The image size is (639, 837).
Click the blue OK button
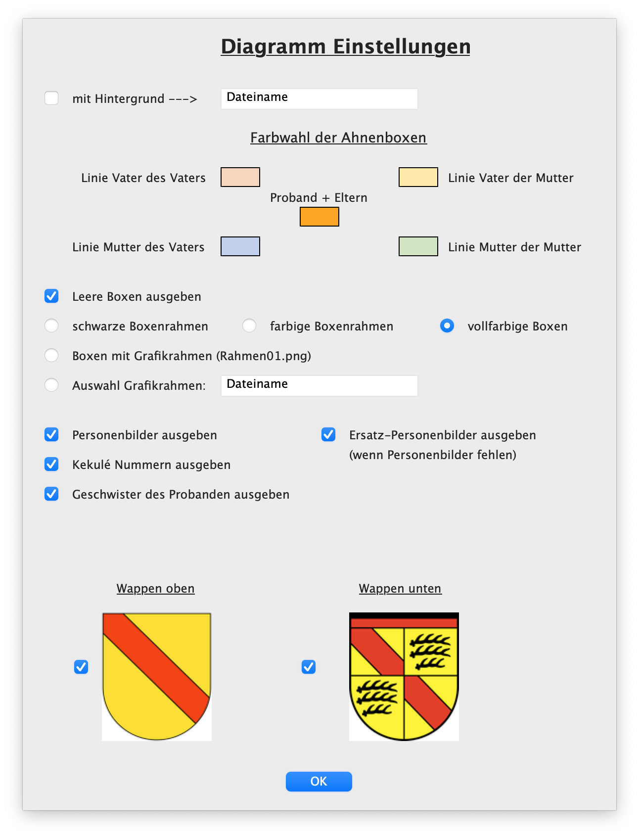[x=319, y=781]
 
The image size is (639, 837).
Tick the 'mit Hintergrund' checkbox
[x=51, y=98]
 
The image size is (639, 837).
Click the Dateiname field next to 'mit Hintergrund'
[x=319, y=98]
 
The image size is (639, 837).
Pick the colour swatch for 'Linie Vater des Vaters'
[x=240, y=177]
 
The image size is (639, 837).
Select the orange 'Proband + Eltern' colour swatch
[x=319, y=217]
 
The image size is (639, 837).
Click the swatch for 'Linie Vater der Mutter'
[x=418, y=177]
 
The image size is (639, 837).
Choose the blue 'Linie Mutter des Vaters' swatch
[x=240, y=246]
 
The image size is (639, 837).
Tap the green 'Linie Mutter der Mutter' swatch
[x=418, y=246]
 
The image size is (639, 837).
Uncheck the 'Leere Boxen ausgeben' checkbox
[x=51, y=296]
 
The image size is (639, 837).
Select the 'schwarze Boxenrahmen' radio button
[x=51, y=325]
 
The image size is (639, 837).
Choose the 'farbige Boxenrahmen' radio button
[x=249, y=325]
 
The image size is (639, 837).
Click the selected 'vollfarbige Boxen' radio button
[x=447, y=325]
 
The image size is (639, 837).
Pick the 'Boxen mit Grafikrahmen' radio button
[x=51, y=355]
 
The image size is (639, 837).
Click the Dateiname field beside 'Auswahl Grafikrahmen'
[x=319, y=385]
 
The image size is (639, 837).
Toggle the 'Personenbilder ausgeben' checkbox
[x=51, y=434]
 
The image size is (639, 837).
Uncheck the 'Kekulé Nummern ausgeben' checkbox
[x=51, y=464]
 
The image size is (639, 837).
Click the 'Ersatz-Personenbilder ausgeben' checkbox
[x=328, y=434]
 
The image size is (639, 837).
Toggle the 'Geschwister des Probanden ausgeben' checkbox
[x=51, y=494]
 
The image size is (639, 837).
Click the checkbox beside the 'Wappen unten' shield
[x=309, y=667]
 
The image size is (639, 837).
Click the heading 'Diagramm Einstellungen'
[x=345, y=46]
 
